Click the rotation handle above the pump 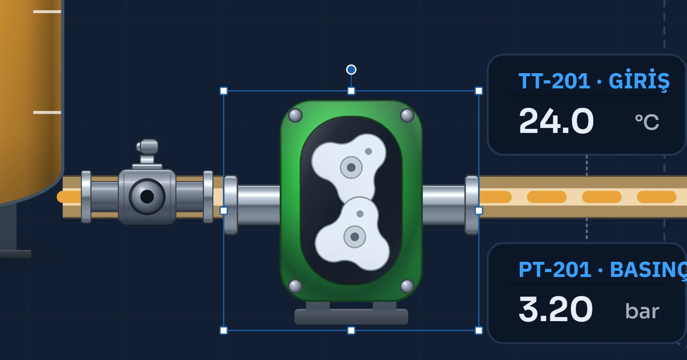pyautogui.click(x=351, y=70)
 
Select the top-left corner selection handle pyautogui.click(x=224, y=91)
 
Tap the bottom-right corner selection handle pyautogui.click(x=479, y=331)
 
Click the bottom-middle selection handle pyautogui.click(x=351, y=331)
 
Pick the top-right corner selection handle pyautogui.click(x=479, y=91)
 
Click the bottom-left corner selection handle pyautogui.click(x=224, y=331)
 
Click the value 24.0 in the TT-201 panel pyautogui.click(x=556, y=121)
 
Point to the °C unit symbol pyautogui.click(x=647, y=122)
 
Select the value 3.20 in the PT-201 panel pyautogui.click(x=555, y=309)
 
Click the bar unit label pyautogui.click(x=642, y=310)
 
